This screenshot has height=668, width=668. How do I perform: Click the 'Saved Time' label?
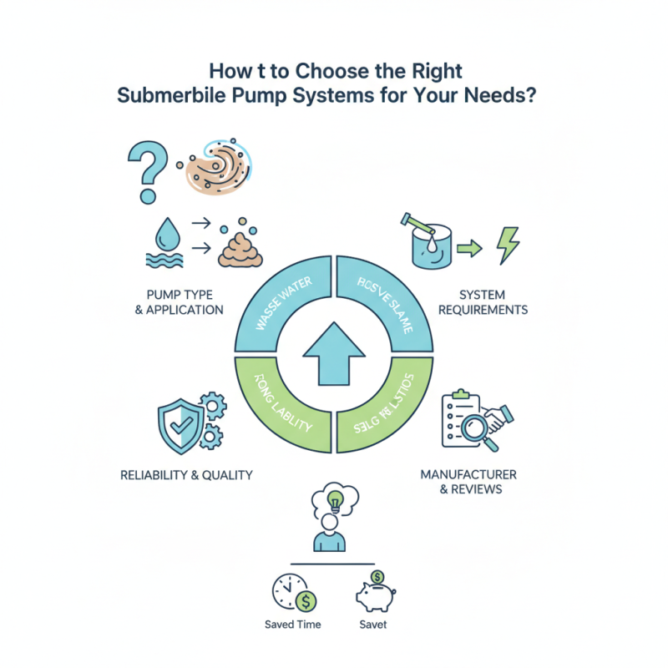click(292, 625)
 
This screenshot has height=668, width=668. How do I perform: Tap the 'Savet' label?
click(372, 625)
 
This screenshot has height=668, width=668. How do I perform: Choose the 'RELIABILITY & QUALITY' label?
click(187, 475)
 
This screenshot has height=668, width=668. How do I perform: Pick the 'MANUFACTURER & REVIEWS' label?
click(469, 481)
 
